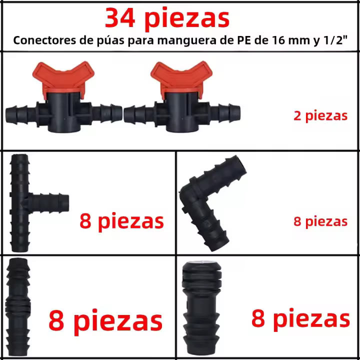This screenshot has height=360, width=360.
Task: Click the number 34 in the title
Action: (x=120, y=18)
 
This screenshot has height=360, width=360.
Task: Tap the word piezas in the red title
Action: (x=187, y=19)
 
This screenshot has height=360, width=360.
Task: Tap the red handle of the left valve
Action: (x=63, y=78)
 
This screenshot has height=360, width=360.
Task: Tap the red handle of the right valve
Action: (x=181, y=78)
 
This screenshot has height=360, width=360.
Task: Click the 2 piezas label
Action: (x=320, y=115)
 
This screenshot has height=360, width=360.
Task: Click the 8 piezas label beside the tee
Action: (x=121, y=221)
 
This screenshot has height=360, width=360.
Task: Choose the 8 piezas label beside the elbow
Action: (x=320, y=221)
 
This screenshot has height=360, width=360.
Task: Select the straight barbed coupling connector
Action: (x=18, y=307)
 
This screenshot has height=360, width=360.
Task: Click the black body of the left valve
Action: (x=64, y=112)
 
